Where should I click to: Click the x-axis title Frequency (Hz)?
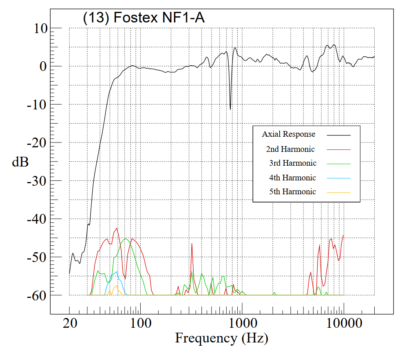221,338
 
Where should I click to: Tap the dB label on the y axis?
20,162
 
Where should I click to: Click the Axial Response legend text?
289,134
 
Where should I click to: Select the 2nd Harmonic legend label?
290,149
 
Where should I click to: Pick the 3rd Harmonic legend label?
292,163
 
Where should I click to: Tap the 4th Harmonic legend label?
292,178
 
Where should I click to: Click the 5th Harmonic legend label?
292,192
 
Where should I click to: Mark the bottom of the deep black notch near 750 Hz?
230,109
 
